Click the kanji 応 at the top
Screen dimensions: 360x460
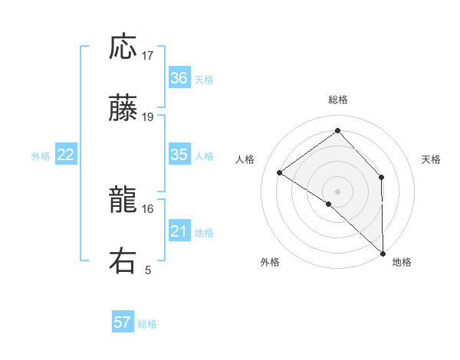point(123,47)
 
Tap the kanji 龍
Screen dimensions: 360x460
point(123,201)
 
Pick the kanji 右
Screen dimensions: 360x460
point(123,260)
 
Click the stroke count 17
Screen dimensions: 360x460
point(148,56)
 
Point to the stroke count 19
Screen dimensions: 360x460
point(148,117)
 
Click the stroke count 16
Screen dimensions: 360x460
point(148,208)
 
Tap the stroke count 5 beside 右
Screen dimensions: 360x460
point(148,270)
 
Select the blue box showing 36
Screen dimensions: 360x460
point(179,77)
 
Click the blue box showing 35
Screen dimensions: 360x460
point(179,155)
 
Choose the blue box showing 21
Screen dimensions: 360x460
point(179,231)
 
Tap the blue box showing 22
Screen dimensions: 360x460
point(66,155)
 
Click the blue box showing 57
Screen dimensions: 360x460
point(123,322)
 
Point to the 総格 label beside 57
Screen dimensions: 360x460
point(147,324)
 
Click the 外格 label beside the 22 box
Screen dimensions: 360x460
point(41,156)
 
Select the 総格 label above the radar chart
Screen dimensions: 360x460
point(338,100)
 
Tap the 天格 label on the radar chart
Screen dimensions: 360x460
point(431,159)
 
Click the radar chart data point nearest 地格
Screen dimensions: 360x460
point(383,253)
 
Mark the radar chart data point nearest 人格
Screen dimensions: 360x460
point(280,173)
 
